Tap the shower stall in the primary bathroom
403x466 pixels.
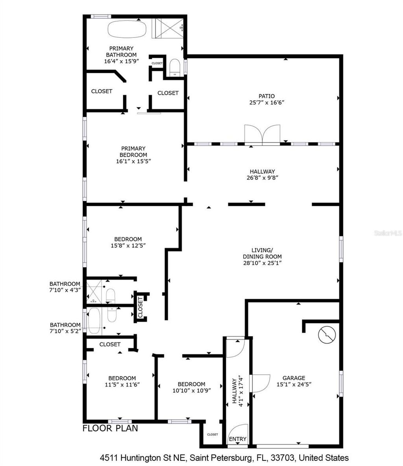coord(168,28)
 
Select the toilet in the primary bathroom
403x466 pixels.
coord(174,67)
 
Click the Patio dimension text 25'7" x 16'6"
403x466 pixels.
coord(266,102)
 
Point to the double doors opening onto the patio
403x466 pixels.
coord(263,135)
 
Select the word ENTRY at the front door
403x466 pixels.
coord(238,439)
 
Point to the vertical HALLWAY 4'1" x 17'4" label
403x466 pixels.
coord(237,390)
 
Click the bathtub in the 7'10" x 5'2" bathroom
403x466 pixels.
coord(95,320)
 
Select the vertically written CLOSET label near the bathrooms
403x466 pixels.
coord(140,307)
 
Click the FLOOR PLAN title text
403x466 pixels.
coord(110,428)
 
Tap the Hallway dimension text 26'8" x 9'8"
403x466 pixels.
coord(262,177)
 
